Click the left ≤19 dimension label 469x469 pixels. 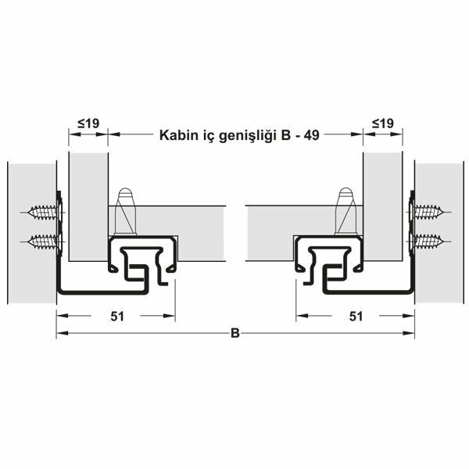tap(88, 124)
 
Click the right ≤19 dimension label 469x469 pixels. tap(382, 124)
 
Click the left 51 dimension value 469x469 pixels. tap(115, 316)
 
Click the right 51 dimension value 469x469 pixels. tap(356, 316)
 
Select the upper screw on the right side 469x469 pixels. tap(428, 212)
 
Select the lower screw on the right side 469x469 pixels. tap(428, 240)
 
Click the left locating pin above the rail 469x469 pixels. tap(125, 209)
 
